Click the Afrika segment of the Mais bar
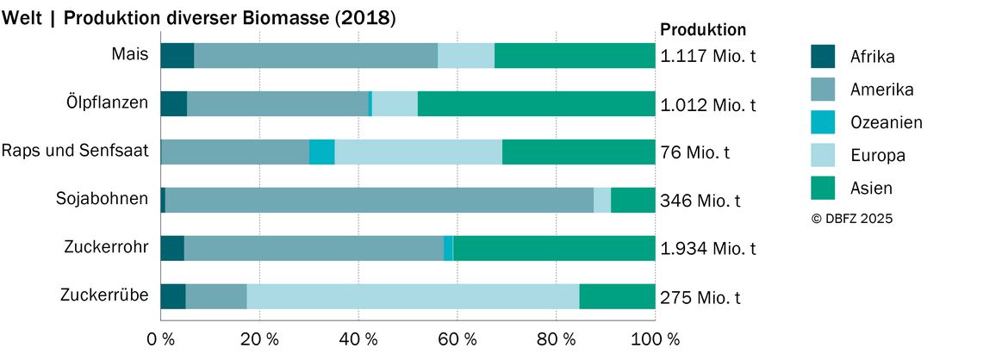pyautogui.click(x=177, y=55)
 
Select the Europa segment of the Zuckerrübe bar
pyautogui.click(x=413, y=296)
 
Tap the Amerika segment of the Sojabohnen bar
pyautogui.click(x=379, y=200)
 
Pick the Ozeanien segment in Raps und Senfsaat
pyautogui.click(x=322, y=152)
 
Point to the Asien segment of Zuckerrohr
pyautogui.click(x=554, y=248)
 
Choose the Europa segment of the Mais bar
pyautogui.click(x=466, y=55)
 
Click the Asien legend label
pyautogui.click(x=871, y=189)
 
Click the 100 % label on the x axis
pyautogui.click(x=654, y=338)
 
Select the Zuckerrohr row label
pyautogui.click(x=106, y=247)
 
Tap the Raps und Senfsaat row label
pyautogui.click(x=75, y=152)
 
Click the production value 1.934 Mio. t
pyautogui.click(x=708, y=249)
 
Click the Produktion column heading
pyautogui.click(x=703, y=29)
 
